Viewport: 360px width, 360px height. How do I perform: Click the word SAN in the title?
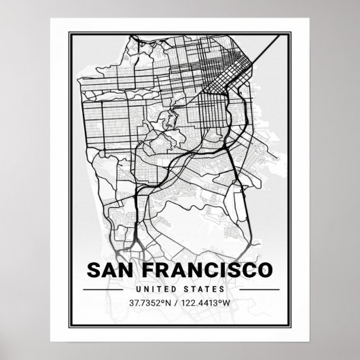[113, 269]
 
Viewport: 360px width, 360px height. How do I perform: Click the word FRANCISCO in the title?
[208, 269]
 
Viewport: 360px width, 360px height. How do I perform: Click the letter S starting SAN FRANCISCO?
[94, 269]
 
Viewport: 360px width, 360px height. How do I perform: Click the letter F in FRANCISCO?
[151, 269]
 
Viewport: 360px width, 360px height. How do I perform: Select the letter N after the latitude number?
[172, 303]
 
